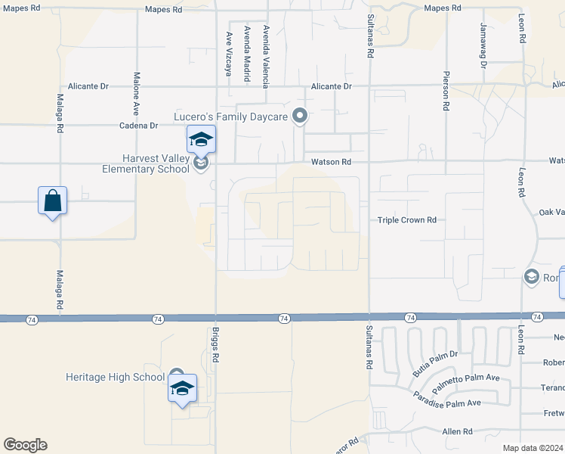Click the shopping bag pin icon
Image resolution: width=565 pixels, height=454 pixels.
52,201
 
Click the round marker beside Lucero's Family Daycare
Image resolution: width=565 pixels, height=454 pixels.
300,116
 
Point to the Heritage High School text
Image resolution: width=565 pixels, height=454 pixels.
115,377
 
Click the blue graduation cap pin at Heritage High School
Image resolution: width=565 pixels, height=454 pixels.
182,388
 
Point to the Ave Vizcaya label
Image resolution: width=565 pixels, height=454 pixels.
228,54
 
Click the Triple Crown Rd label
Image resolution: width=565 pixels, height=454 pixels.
407,220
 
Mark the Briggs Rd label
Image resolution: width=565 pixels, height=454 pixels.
215,344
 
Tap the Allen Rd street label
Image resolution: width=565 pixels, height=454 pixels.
457,431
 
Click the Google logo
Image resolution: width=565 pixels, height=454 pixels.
25,445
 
